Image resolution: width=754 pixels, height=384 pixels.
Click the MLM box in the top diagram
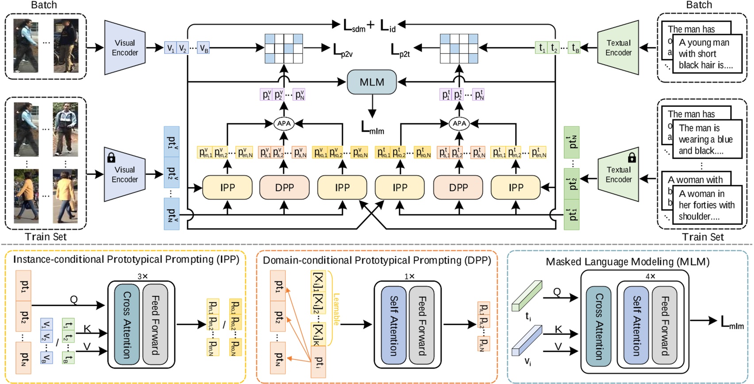[x=372, y=82]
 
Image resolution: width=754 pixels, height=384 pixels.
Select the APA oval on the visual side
[x=284, y=123]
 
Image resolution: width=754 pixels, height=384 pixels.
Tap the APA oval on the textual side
[x=459, y=123]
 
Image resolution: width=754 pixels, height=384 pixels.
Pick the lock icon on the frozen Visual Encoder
[x=111, y=157]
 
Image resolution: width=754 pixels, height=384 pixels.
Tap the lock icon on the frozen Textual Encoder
[x=632, y=157]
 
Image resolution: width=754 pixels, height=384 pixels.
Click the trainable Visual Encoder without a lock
[x=125, y=48]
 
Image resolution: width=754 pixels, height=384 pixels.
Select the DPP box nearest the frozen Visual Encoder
[x=284, y=187]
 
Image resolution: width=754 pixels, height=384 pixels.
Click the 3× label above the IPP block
[x=142, y=276]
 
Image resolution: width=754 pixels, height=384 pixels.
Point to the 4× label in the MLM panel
[x=650, y=276]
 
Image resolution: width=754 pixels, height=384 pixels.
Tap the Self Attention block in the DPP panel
[x=393, y=325]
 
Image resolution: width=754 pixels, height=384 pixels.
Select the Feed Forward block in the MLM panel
[x=664, y=325]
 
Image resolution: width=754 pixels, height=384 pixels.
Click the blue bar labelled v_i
[x=527, y=340]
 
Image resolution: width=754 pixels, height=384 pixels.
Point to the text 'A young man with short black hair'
[x=704, y=54]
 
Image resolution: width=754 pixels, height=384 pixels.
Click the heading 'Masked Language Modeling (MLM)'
[x=627, y=262]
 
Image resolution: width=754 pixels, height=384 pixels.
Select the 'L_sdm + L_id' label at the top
[x=369, y=26]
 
